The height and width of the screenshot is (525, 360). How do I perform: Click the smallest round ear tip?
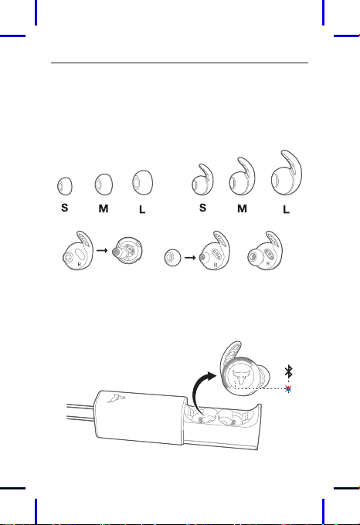(65, 186)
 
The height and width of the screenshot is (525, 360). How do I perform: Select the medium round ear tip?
(104, 185)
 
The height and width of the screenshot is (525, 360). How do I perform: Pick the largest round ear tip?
(143, 182)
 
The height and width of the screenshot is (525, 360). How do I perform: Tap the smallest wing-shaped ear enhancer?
(202, 180)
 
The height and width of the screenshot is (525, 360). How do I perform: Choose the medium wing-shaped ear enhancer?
(242, 177)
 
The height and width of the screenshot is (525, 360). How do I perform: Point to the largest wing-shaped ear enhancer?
(287, 173)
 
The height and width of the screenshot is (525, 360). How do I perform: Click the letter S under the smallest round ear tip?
(65, 208)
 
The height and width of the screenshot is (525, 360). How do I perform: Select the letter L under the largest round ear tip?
(142, 209)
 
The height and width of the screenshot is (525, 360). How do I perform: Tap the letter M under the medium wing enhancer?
(242, 209)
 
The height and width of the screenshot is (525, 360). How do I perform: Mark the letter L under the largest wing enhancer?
(286, 209)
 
